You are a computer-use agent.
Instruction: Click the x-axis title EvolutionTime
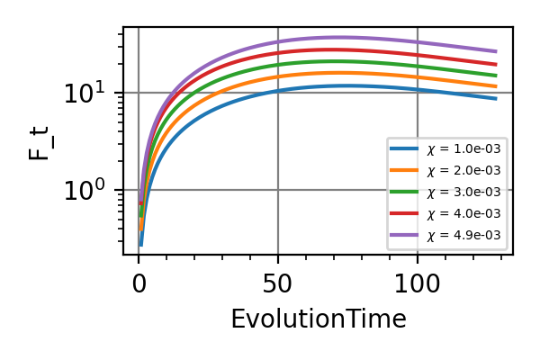[319, 319]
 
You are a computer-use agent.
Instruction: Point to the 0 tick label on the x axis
[139, 284]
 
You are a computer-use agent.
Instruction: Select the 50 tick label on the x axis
[277, 284]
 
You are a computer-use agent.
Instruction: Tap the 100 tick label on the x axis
[418, 284]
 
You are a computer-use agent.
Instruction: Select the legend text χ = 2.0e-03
[463, 169]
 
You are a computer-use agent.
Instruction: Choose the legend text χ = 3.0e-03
[463, 192]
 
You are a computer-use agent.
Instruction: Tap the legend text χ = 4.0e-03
[463, 214]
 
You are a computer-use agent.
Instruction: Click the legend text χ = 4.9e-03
[463, 237]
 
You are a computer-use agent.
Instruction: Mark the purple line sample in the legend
[404, 237]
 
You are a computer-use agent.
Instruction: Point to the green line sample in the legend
[404, 192]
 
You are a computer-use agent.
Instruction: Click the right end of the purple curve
[496, 51]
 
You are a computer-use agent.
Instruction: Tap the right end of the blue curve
[496, 98]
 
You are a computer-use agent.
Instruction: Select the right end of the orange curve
[496, 86]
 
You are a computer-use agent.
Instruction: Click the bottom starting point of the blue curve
[141, 244]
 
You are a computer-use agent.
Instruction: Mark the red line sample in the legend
[404, 214]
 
